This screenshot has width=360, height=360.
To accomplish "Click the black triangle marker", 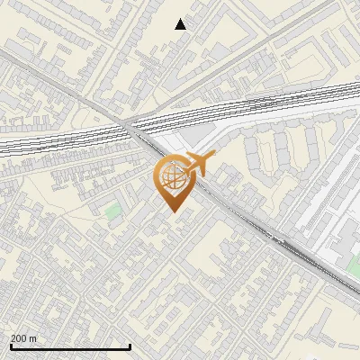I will point(181,24).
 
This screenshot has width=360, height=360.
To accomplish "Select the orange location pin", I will point(172,180).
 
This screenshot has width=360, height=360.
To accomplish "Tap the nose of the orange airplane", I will point(212,156).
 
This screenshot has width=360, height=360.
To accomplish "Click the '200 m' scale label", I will point(23,338).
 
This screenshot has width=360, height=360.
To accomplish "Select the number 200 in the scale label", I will point(19,338).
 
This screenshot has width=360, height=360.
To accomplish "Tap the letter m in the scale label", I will point(32,338).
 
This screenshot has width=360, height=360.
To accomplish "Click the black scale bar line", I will point(70,346).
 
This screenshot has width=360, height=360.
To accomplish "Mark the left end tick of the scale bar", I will point(10,346).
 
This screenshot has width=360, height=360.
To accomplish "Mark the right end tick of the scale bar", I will point(130,346).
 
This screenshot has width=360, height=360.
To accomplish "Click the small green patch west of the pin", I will point(112,212).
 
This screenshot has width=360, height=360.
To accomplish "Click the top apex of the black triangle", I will point(181,19).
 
